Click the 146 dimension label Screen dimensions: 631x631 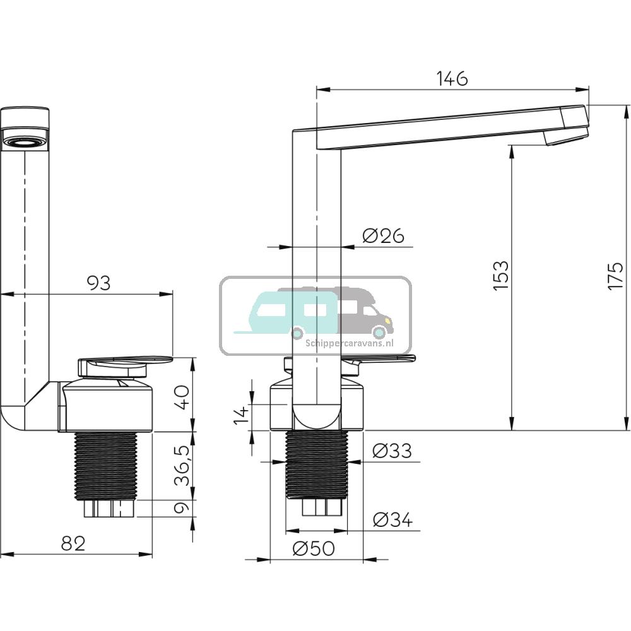click(x=452, y=79)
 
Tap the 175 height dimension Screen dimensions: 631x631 click(x=615, y=275)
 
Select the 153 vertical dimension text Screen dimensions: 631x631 click(x=500, y=275)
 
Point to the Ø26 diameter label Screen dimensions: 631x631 click(x=383, y=236)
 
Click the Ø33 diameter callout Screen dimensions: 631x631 click(x=391, y=451)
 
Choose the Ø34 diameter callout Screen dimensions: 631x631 click(x=391, y=520)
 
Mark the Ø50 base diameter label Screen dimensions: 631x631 click(x=314, y=549)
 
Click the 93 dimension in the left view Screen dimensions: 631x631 click(x=98, y=283)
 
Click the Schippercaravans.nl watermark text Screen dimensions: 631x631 click(x=357, y=344)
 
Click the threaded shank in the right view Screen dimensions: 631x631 click(x=316, y=464)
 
